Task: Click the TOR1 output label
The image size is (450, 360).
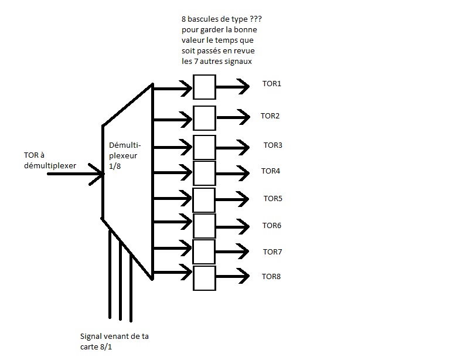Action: click(271, 84)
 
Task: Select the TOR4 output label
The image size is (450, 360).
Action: click(271, 171)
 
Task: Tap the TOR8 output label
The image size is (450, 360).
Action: click(271, 276)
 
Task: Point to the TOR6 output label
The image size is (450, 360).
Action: click(271, 226)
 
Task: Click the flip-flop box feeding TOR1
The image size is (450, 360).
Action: click(204, 87)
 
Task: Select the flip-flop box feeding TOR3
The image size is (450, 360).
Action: click(204, 147)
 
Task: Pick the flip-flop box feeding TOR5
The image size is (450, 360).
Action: click(204, 199)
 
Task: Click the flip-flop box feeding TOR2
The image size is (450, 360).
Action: click(204, 117)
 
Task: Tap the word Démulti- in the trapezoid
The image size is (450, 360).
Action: click(125, 144)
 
